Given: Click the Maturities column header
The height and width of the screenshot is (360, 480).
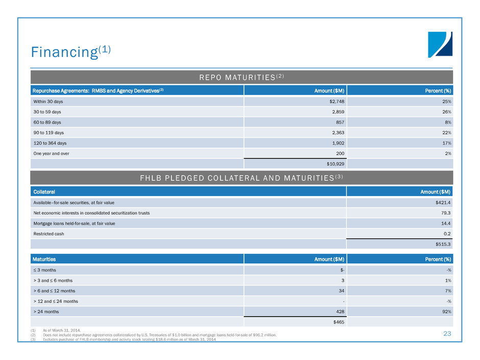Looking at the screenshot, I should click(45, 259).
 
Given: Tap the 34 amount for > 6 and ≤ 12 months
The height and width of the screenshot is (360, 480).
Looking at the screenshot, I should click(339, 290).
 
